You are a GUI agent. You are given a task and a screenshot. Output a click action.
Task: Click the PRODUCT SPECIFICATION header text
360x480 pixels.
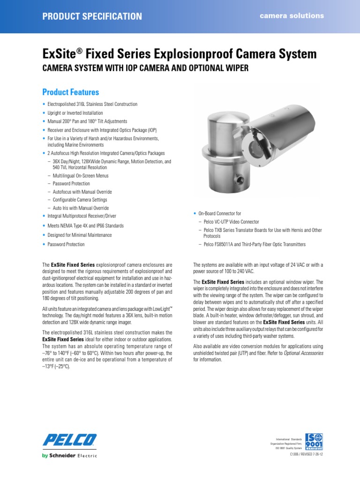pyautogui.click(x=92, y=16)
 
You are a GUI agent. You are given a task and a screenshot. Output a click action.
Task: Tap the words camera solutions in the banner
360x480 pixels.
pyautogui.click(x=292, y=15)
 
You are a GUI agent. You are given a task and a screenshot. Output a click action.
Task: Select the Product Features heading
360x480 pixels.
pyautogui.click(x=71, y=92)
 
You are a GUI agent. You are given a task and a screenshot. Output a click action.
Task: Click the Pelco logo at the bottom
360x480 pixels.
pyautogui.click(x=70, y=440)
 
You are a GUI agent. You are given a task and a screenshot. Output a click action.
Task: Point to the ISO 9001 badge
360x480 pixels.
pyautogui.click(x=314, y=442)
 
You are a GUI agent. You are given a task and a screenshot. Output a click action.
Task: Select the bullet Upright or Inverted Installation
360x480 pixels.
pyautogui.click(x=75, y=113)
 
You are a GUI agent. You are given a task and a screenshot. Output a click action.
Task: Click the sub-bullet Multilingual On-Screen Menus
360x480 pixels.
pyautogui.click(x=80, y=176)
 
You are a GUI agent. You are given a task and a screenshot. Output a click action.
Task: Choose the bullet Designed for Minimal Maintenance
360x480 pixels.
pyautogui.click(x=80, y=235)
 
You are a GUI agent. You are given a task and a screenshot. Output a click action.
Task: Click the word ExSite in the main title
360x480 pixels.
pyautogui.click(x=60, y=54)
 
